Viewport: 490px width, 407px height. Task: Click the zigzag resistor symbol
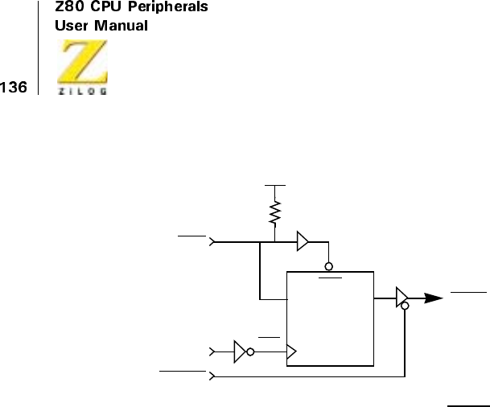tap(275, 213)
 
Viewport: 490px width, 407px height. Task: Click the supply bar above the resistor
tap(275, 184)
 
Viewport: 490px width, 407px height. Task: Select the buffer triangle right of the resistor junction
tap(303, 240)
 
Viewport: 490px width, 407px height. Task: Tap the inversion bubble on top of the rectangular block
tap(329, 266)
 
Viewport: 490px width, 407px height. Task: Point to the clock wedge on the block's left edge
tap(291, 351)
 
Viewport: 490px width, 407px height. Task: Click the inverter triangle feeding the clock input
tap(239, 351)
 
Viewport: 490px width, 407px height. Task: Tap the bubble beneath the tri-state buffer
tap(405, 306)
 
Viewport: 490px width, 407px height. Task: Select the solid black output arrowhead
tap(434, 298)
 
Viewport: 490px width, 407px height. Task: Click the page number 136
tap(13, 86)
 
